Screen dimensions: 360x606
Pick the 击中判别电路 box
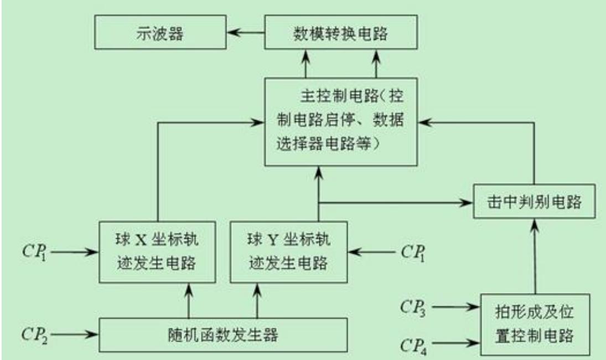[534, 203]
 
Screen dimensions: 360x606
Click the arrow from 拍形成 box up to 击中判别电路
[535, 255]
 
